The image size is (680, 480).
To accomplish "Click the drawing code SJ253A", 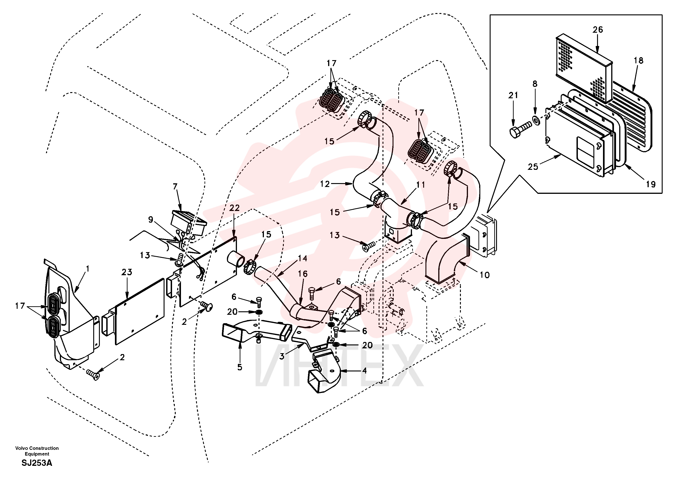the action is coord(37,463).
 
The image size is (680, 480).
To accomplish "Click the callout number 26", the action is coord(598,30).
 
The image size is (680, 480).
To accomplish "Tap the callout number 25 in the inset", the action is coord(533,167).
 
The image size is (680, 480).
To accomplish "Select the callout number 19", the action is coord(651,184).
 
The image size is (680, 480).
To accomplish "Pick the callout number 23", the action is coord(127,272).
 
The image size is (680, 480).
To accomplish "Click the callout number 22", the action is coord(234,208).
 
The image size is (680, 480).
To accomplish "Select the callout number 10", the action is coord(485,275).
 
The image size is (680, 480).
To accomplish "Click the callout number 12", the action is coord(325,184).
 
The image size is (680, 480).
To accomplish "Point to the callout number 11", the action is coord(421,185).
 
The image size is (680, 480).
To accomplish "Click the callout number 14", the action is coord(302,258).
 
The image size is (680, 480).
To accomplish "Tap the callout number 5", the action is coord(240,367).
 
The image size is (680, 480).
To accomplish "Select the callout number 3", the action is coord(282,356).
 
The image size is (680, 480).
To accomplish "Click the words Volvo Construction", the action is coord(37,448).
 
